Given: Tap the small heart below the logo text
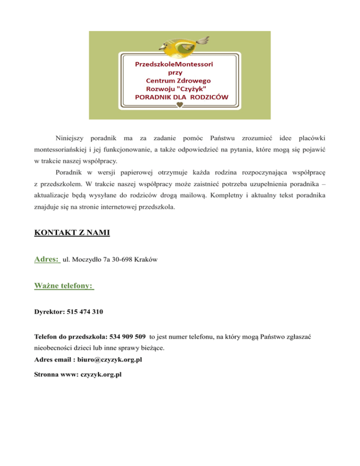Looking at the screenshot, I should click(180, 106).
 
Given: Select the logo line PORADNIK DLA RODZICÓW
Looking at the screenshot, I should click(181, 97).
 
